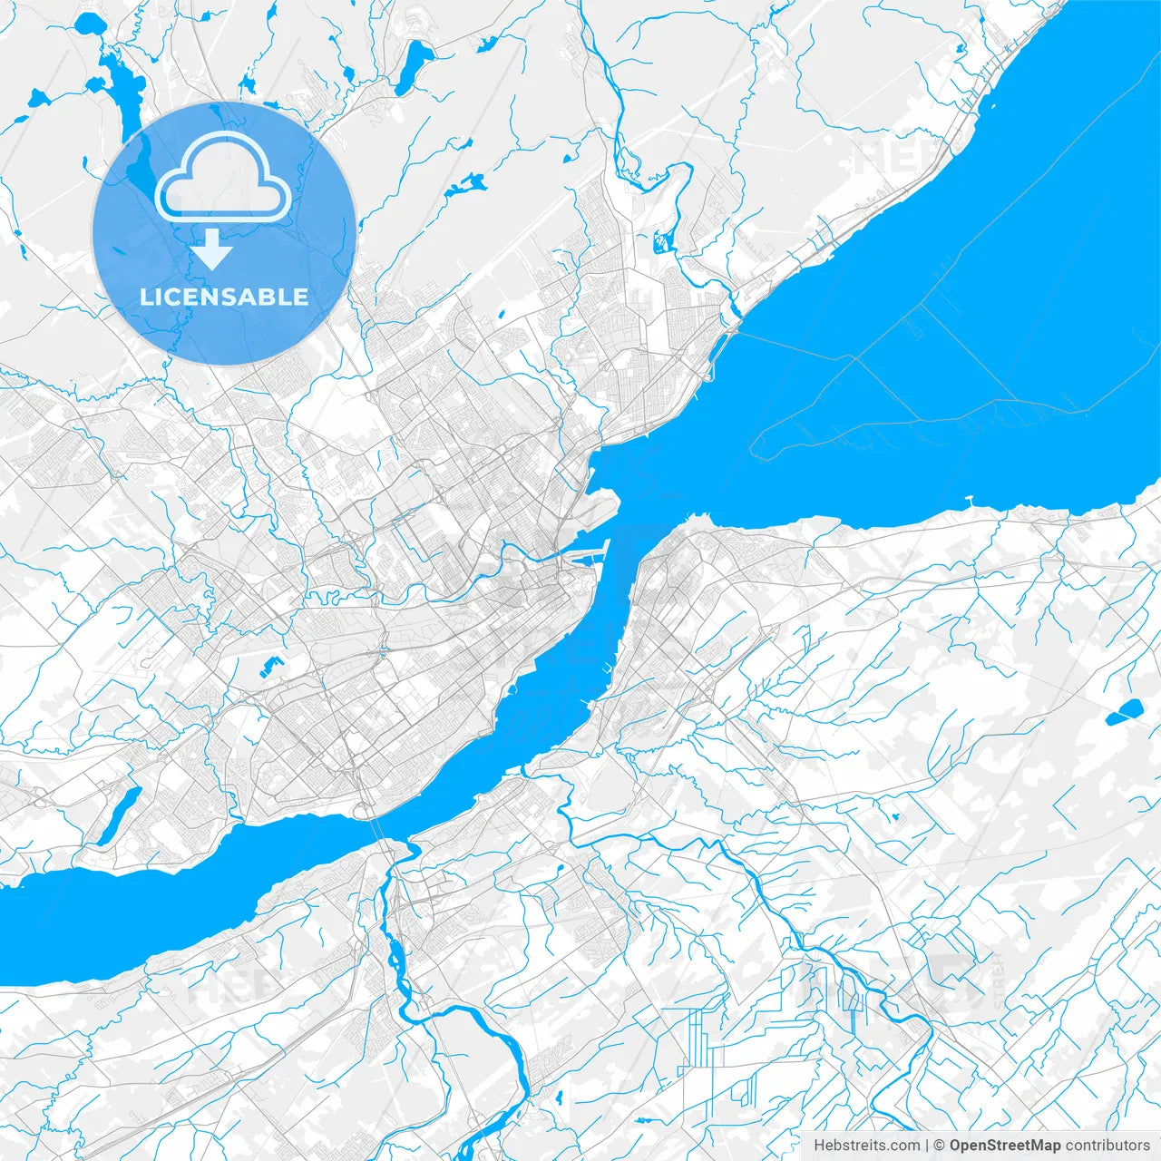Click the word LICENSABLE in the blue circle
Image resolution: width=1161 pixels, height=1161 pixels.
tap(224, 297)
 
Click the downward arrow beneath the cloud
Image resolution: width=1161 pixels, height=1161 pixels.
tap(212, 249)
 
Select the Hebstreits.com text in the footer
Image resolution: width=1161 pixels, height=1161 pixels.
tap(866, 1146)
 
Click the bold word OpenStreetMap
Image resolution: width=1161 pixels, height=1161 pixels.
tap(1005, 1146)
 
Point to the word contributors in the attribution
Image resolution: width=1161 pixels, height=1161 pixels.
tap(1107, 1146)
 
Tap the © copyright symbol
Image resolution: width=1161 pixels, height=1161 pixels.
tap(940, 1146)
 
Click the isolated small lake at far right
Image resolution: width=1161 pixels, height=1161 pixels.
tap(1123, 713)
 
